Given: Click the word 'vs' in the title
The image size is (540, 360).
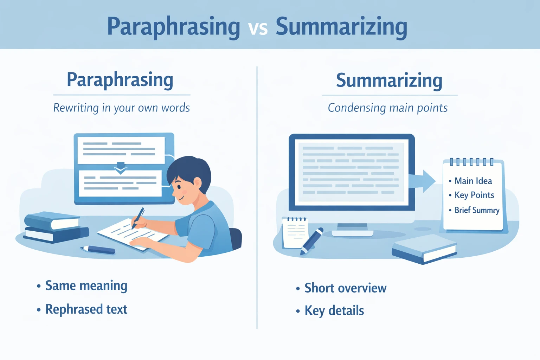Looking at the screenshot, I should click(x=258, y=28).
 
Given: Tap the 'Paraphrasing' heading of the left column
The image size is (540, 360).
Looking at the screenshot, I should click(x=120, y=80).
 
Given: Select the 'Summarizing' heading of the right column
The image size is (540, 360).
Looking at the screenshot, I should click(x=389, y=81).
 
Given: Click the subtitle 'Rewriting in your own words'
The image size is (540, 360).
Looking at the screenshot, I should click(x=121, y=108).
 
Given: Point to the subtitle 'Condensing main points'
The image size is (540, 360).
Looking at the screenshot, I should click(x=387, y=108).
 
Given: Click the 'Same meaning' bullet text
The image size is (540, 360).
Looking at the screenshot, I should click(x=86, y=285).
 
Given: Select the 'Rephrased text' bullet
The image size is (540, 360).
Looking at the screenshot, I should click(x=86, y=309).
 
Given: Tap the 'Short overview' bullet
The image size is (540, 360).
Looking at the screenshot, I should click(x=345, y=288).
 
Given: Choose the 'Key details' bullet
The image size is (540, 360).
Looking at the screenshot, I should click(x=334, y=311).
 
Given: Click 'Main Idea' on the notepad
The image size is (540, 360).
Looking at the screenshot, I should click(x=473, y=181).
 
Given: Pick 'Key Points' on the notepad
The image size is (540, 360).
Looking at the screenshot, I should click(x=474, y=195).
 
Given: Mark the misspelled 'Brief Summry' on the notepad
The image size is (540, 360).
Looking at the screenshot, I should click(x=477, y=210).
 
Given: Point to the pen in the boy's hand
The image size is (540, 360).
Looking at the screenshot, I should click(x=138, y=218).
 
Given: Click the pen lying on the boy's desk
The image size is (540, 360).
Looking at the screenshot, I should click(x=98, y=250).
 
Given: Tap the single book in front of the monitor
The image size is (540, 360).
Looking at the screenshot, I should click(x=424, y=249).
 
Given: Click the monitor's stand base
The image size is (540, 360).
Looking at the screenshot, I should click(x=352, y=233).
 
